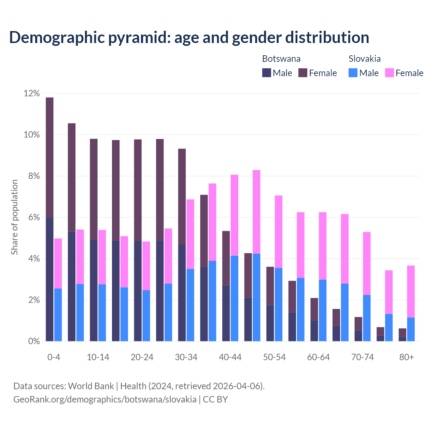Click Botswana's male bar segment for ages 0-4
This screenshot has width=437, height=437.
click(50, 279)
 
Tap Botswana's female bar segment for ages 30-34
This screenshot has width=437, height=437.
click(182, 196)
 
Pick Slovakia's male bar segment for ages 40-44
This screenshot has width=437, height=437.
click(235, 298)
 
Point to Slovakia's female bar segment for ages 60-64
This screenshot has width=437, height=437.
click(323, 246)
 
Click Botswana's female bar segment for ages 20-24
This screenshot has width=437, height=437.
click(138, 189)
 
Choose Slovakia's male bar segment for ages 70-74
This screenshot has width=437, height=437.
click(367, 318)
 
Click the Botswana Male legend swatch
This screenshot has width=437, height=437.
click(267, 73)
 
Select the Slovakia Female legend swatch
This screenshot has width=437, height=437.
click(390, 73)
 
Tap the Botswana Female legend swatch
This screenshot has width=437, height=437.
click(303, 73)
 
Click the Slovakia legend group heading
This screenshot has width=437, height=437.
click(365, 59)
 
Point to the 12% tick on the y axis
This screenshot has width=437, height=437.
click(32, 93)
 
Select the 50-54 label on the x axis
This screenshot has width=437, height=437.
click(274, 357)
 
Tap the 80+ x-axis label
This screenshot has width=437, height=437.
click(407, 357)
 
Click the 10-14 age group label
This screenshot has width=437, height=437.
click(98, 357)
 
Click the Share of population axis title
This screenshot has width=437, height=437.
click(14, 217)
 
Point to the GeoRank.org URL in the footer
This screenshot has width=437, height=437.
click(105, 399)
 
